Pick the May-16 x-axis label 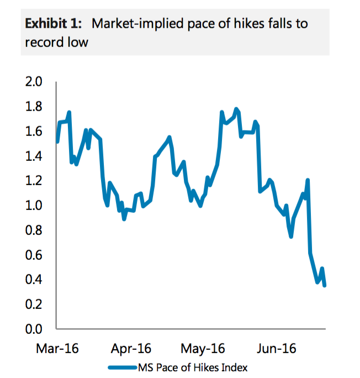click(x=202, y=349)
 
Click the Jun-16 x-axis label click(x=278, y=349)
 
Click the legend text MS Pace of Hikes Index click(x=192, y=367)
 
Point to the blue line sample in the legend click(x=122, y=367)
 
